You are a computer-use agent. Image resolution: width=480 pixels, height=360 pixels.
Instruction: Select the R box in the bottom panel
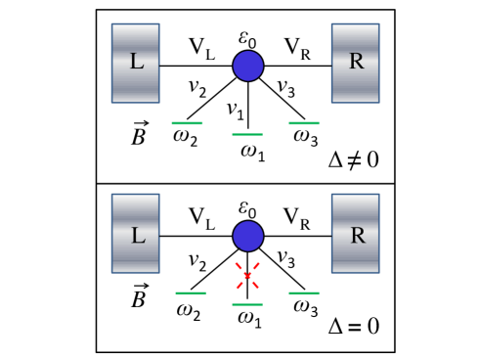(355, 235)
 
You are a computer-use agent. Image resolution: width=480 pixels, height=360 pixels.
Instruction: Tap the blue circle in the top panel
(247, 67)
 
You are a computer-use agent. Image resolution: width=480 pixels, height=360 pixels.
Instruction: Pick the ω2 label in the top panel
(185, 138)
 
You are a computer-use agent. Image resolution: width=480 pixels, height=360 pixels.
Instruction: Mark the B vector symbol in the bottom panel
(140, 296)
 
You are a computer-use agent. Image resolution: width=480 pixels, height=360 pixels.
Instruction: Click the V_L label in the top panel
(201, 46)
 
